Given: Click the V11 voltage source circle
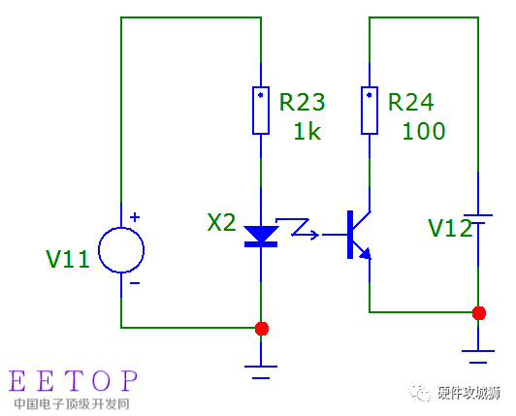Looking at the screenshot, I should click(x=121, y=249).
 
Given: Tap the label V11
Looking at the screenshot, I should click(x=68, y=259).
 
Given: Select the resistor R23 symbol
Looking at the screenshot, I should click(x=261, y=110).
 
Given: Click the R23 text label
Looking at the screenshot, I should click(x=302, y=103).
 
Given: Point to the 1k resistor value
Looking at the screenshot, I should click(x=306, y=131).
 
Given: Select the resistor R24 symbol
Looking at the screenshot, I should click(x=370, y=110).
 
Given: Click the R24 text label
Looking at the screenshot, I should click(x=410, y=103).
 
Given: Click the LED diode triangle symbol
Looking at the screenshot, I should click(x=261, y=236).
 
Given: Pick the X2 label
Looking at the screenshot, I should click(x=221, y=222).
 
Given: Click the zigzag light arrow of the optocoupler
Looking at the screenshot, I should click(x=302, y=231).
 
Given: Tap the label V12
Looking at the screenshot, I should click(x=450, y=228).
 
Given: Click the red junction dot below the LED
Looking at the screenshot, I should click(x=261, y=328).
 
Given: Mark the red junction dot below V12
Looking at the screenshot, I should click(x=478, y=312).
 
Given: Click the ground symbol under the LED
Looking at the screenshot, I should click(x=261, y=368).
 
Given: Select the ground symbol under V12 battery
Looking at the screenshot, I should click(x=478, y=354).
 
